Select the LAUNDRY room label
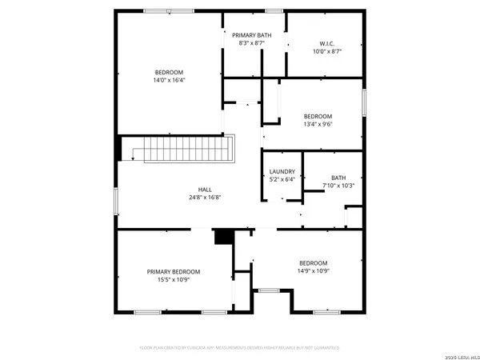pos(282,171)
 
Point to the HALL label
pos(206,189)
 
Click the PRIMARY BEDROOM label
pos(173,272)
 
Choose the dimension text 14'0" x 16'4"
pos(169,80)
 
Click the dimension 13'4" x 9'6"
pos(318,124)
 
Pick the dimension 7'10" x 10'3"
pos(338,186)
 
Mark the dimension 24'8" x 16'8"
pos(206,197)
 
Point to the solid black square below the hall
pos(223,237)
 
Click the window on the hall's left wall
pos(117,200)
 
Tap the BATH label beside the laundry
pos(338,178)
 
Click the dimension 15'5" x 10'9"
pos(173,280)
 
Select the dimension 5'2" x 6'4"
pos(282,179)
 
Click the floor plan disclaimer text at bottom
pos(240,348)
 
